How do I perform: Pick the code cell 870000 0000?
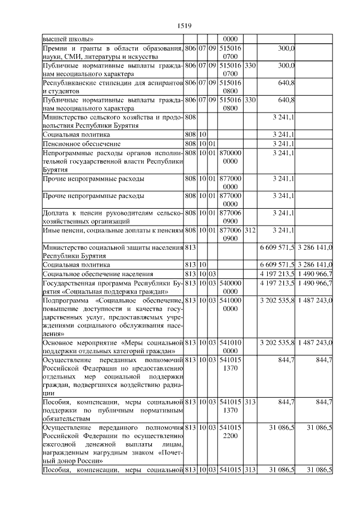[230, 157]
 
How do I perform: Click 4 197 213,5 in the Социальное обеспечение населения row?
[277, 273]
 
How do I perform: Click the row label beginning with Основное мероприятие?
[113, 346]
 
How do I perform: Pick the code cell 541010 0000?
[230, 346]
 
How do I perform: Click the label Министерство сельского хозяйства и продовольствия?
[113, 120]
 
